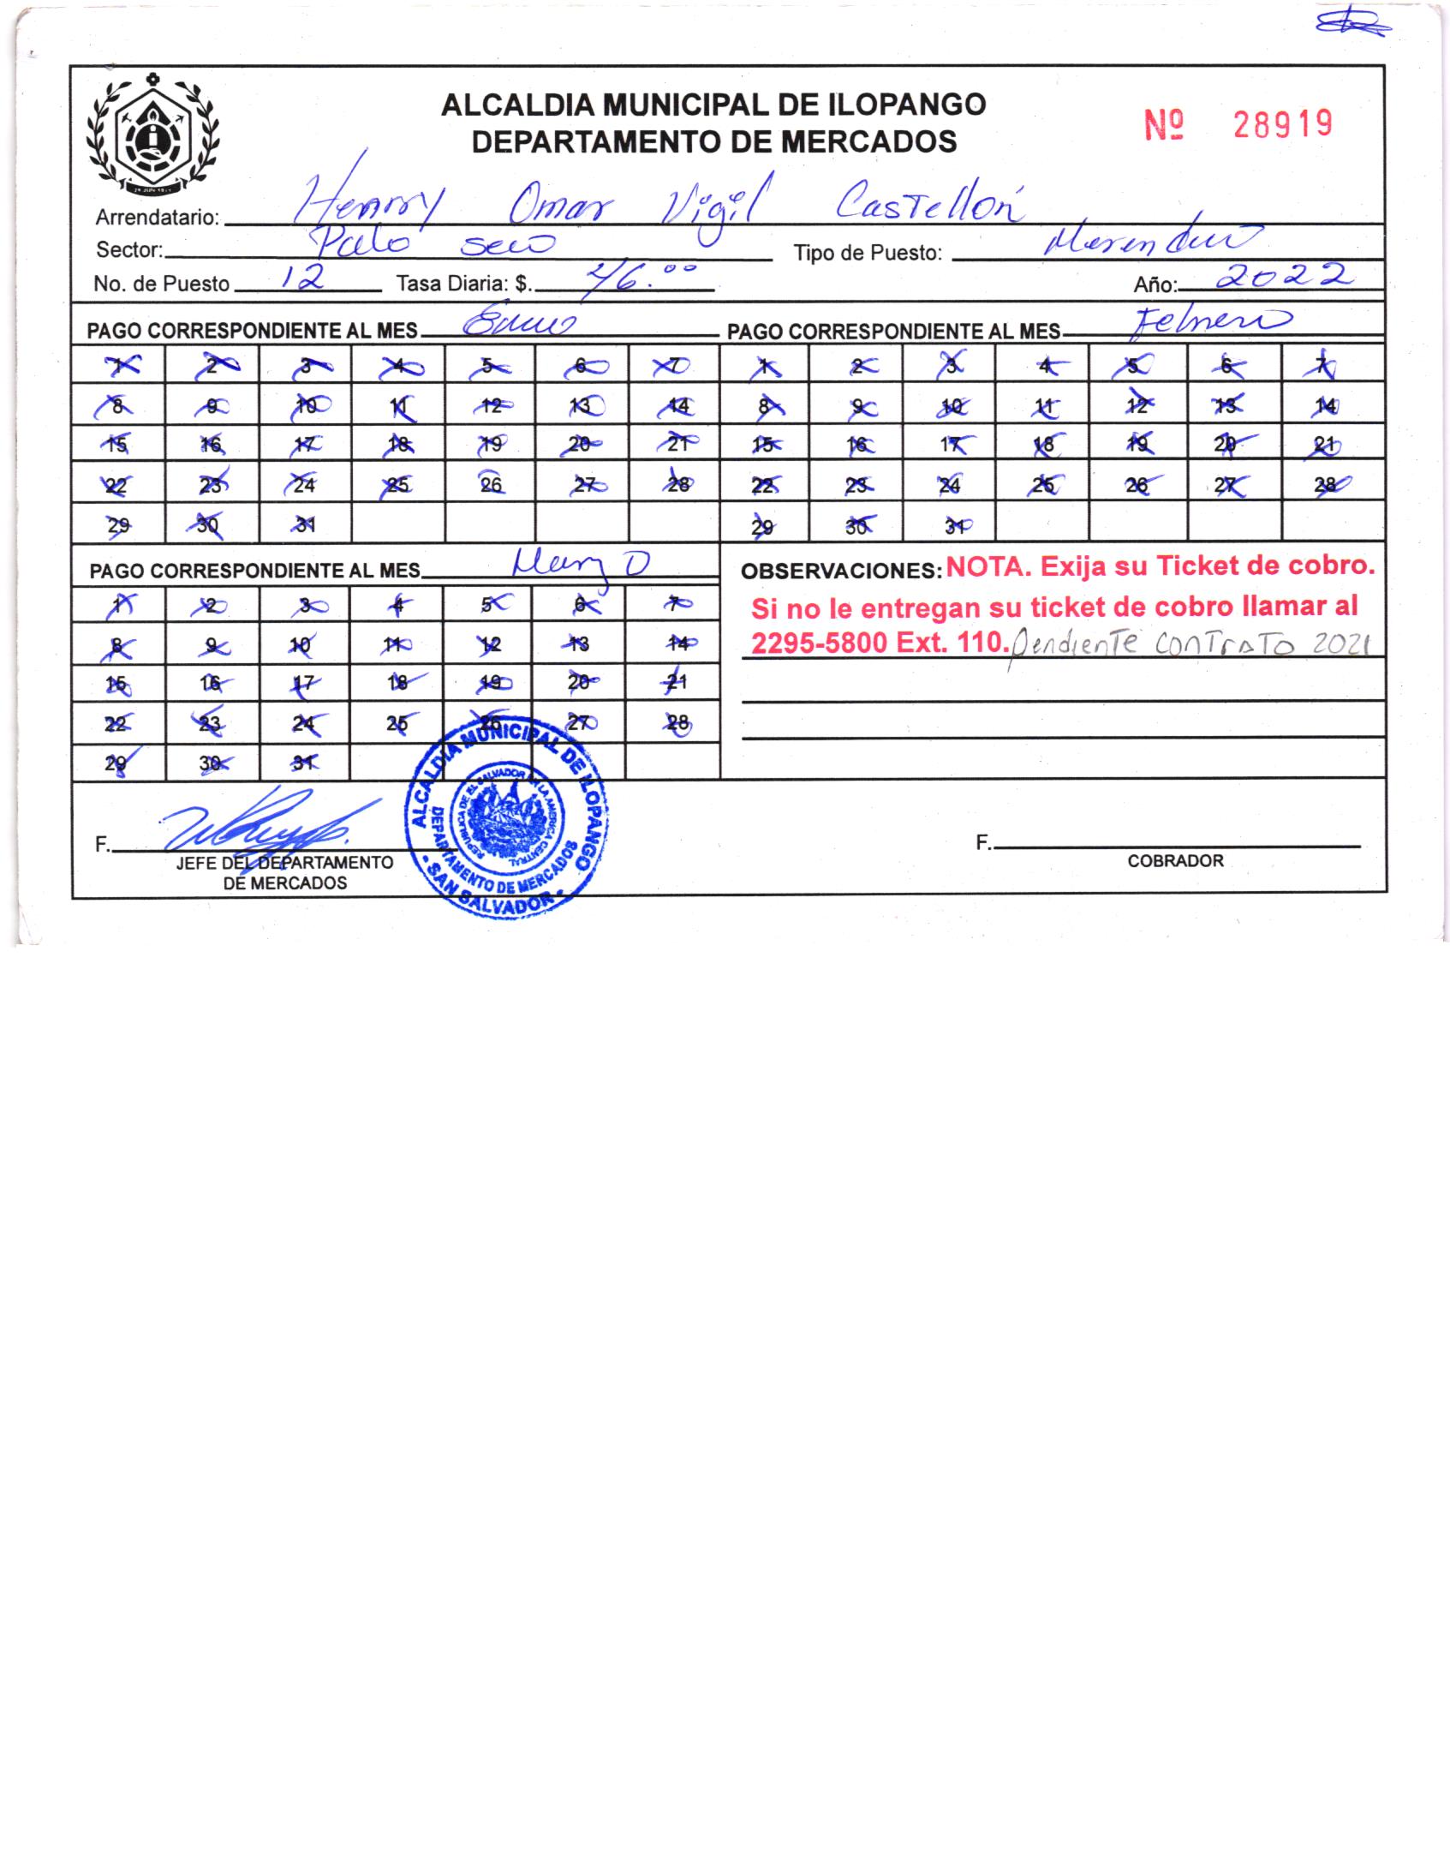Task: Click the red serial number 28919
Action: coord(1282,125)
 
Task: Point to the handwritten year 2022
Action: coord(1285,276)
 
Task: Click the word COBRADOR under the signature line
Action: coord(1175,861)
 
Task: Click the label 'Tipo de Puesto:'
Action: coord(867,253)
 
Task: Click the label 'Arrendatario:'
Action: coord(158,218)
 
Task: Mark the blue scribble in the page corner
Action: coord(1352,25)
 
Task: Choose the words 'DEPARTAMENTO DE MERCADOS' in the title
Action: coord(713,141)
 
